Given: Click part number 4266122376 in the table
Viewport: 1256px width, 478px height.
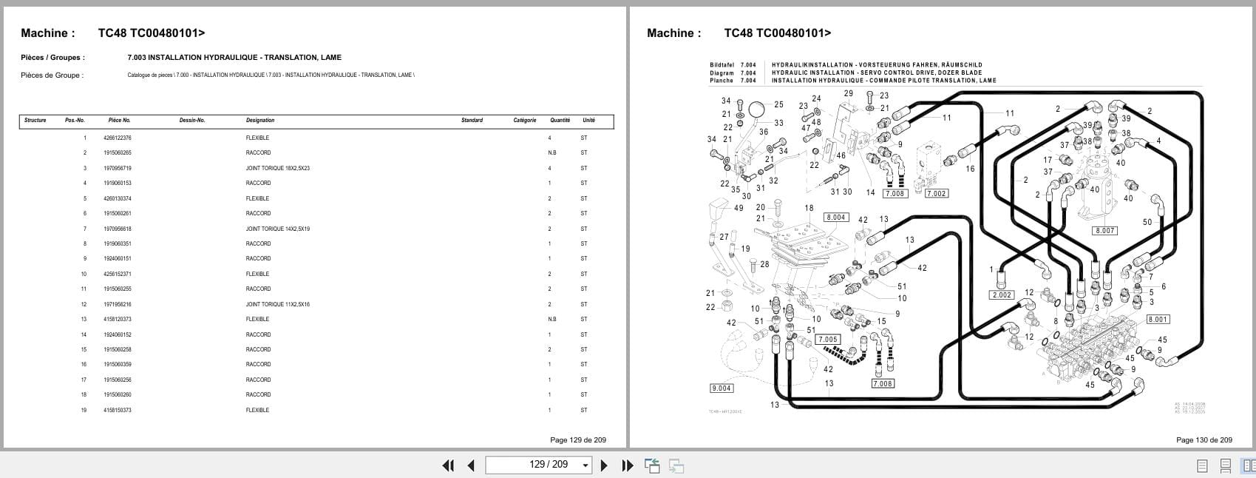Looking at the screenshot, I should pos(118,138).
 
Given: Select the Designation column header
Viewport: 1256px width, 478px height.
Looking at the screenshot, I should pos(260,121).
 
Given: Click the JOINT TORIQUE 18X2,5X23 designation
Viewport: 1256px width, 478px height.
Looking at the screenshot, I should pos(277,169).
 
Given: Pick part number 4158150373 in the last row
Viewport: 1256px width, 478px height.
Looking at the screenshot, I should pos(118,410).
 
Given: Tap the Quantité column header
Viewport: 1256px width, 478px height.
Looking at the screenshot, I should pos(560,121).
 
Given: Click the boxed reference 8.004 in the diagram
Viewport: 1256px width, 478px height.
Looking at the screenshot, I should pos(835,218).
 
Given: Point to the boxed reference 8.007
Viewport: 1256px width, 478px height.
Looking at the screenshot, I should pos(1104,231).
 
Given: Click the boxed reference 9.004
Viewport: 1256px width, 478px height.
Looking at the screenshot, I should pos(721,388).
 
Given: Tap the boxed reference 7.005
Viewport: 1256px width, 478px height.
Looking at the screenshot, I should pos(827,340).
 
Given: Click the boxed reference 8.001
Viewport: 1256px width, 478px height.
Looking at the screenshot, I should pos(1157,320).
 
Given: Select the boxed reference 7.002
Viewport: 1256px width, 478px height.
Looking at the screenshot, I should pos(936,194).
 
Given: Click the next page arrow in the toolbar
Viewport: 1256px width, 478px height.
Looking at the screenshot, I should pos(604,465).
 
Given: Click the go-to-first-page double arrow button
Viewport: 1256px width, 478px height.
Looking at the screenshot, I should pos(448,465).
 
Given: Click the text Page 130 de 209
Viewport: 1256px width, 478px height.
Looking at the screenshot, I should pos(1204,440).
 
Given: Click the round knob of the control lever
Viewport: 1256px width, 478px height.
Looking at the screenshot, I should pos(756,111).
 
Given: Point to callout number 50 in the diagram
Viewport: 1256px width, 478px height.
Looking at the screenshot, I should pos(1147,223).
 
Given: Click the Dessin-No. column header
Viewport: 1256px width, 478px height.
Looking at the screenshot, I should pos(191,121).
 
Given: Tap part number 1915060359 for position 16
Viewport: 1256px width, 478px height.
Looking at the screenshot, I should pos(118,365).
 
